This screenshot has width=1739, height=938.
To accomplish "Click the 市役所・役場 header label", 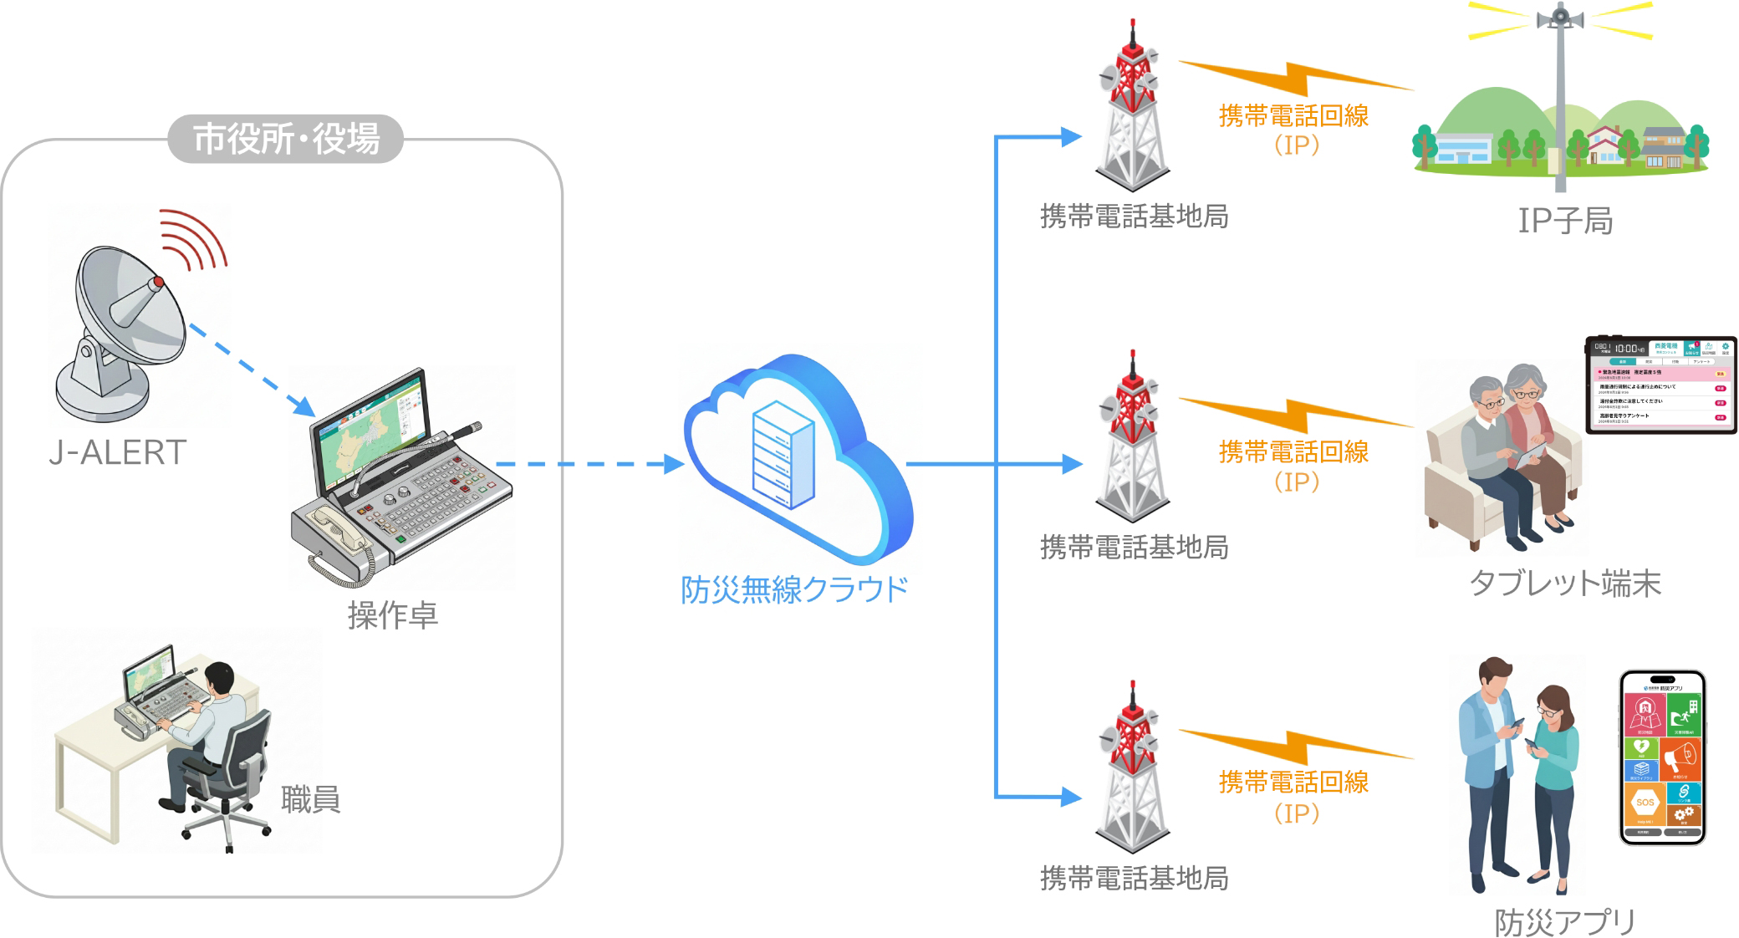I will click(x=286, y=139).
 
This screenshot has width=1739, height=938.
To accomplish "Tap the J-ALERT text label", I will click(x=117, y=452).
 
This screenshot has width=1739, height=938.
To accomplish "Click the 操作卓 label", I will click(x=393, y=615).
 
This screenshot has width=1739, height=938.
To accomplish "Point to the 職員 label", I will click(x=310, y=799).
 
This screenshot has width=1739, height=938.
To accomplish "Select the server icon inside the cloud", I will click(x=783, y=455).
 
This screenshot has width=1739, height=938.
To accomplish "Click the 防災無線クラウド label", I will click(x=794, y=589).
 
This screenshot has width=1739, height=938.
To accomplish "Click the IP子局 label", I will click(x=1565, y=221).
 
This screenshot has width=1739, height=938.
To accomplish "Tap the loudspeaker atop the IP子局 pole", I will click(x=1560, y=17).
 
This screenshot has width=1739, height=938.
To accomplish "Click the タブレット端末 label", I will click(x=1565, y=584).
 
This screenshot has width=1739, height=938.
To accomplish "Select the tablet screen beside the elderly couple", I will click(x=1660, y=385).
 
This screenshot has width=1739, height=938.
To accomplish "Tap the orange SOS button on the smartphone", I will click(x=1645, y=803).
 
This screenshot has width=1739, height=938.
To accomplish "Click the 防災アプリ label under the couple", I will click(x=1565, y=922).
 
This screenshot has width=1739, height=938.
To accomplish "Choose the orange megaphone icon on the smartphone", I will click(x=1680, y=759).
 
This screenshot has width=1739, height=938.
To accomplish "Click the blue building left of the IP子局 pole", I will click(x=1463, y=149).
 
